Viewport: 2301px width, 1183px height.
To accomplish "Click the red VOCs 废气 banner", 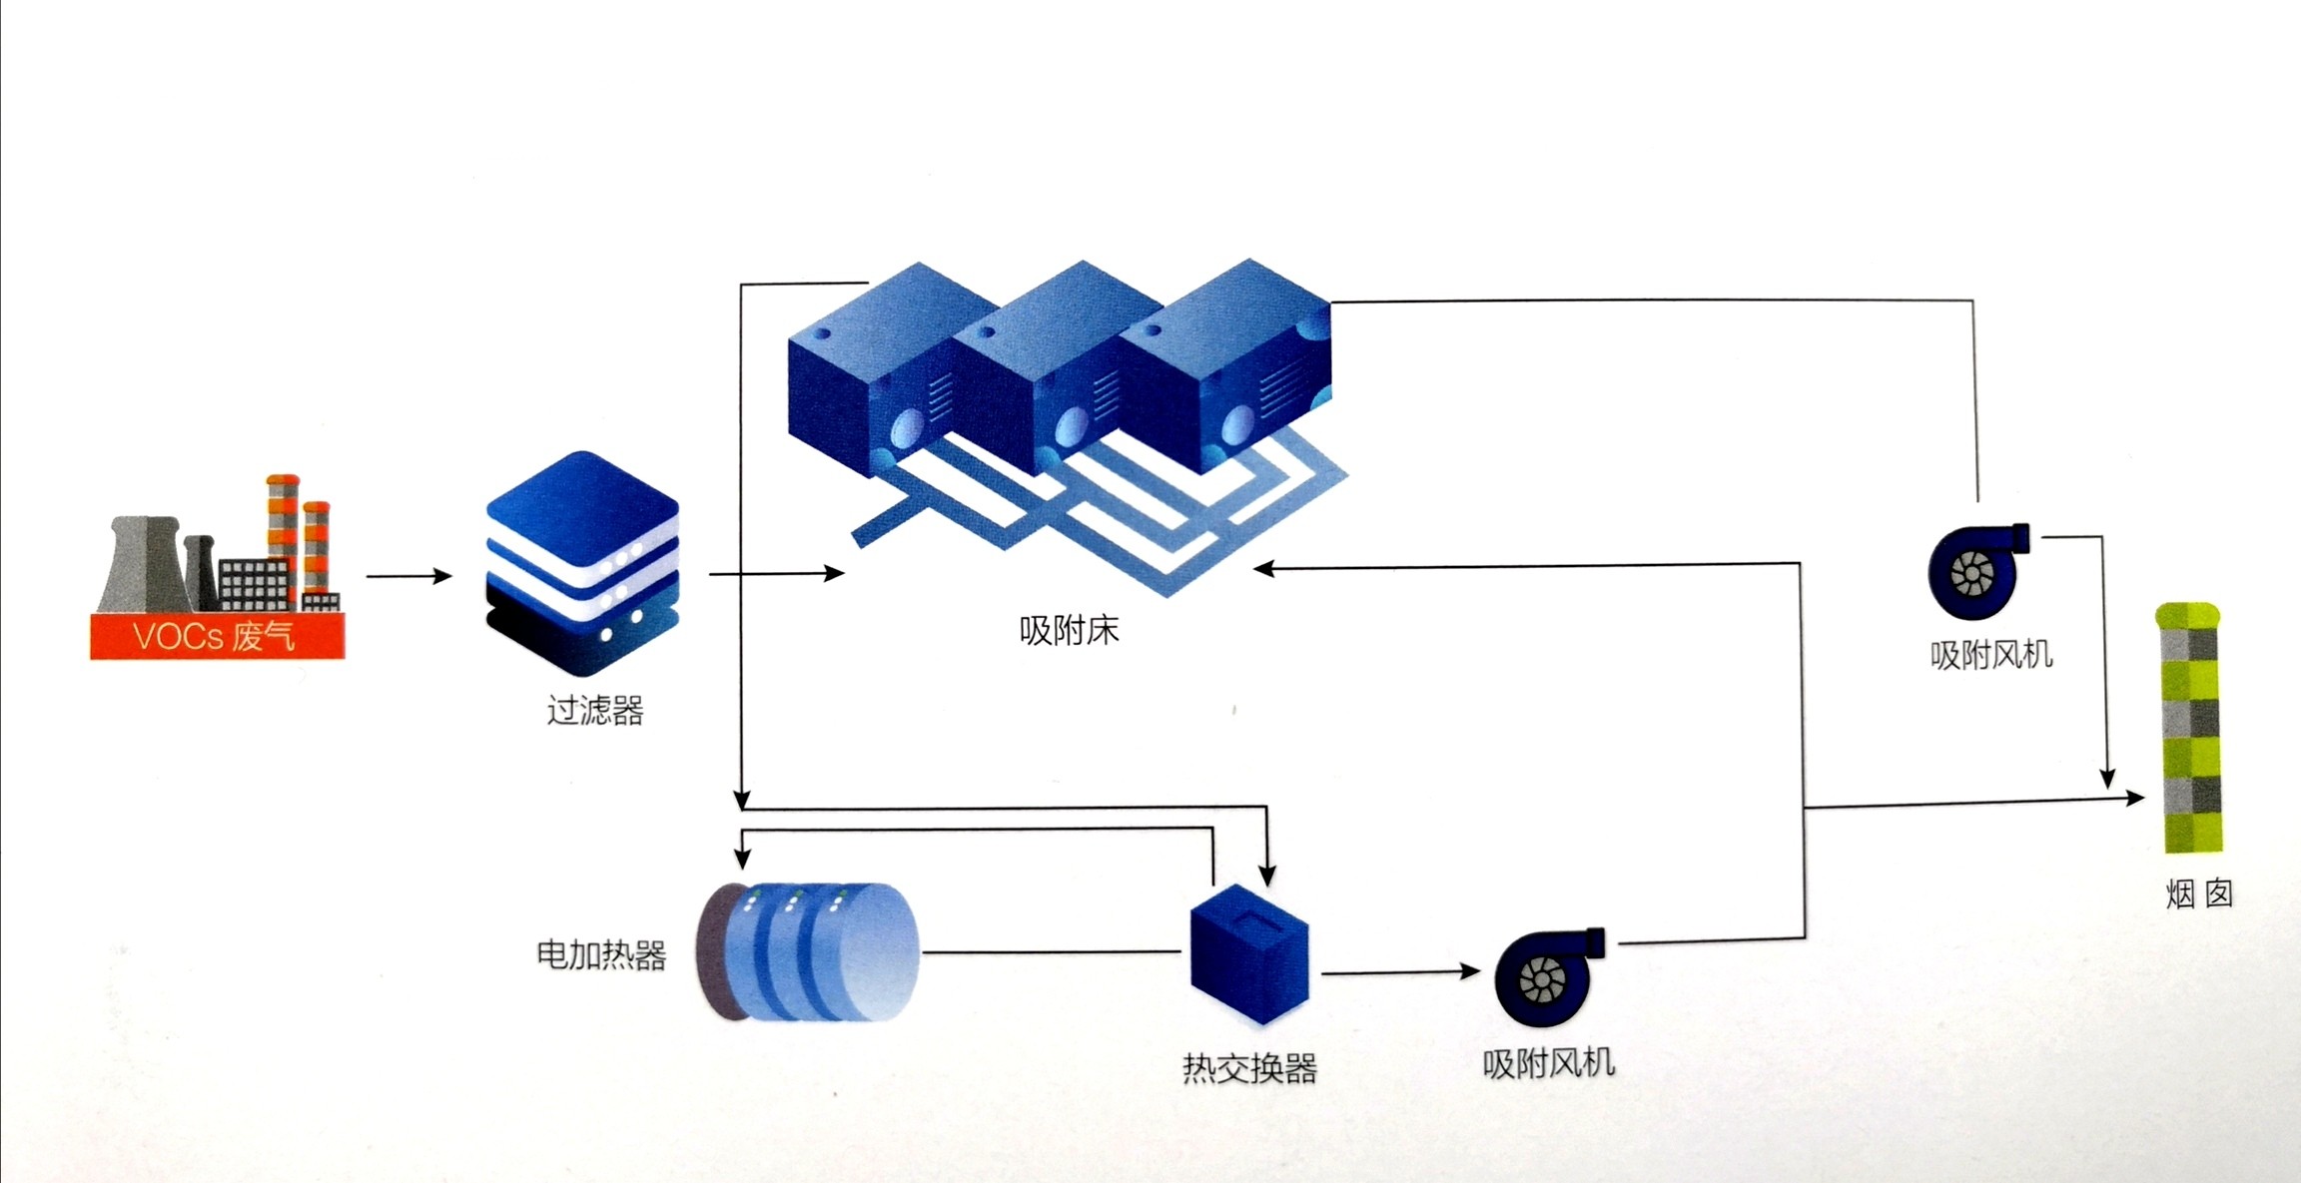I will pos(217,636).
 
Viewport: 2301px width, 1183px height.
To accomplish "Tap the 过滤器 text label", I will pos(595,711).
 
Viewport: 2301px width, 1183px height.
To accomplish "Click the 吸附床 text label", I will pos(1069,631).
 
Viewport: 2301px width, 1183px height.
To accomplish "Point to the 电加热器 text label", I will pos(601,955).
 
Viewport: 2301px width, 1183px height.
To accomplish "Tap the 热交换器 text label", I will pos(1249,1068).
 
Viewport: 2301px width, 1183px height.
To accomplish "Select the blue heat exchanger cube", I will pos(1249,953).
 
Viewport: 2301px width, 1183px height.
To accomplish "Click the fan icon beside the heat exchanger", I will pos(1547,977).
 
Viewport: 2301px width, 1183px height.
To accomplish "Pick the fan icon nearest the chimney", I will pos(1976,570).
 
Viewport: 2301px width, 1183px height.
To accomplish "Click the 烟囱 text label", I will pos(2198,893).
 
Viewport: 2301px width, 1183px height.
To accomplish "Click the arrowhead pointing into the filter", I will pos(441,576).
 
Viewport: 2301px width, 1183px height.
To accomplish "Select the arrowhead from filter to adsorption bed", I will pos(834,573).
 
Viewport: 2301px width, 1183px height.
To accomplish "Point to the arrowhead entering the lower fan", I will pos(1469,970).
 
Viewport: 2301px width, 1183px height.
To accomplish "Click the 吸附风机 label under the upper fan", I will pos(1990,655).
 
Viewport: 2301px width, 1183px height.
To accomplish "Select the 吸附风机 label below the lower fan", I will pos(1548,1064).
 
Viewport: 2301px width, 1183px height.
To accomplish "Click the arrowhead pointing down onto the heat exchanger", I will pos(1267,876).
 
